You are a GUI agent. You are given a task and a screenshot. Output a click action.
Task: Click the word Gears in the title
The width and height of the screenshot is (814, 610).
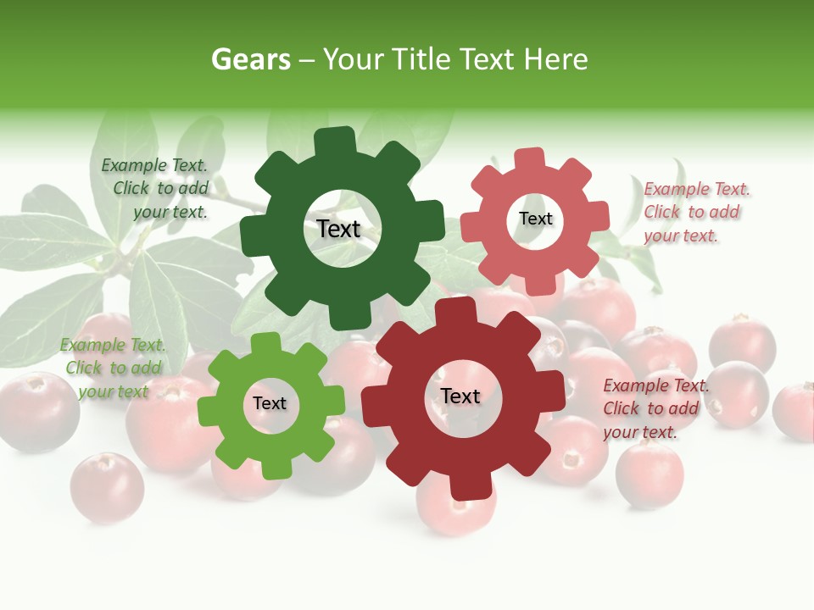[250, 59]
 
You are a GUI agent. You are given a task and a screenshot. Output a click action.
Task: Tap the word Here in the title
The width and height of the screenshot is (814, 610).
[556, 59]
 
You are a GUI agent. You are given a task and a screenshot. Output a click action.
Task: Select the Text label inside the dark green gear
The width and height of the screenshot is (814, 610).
[338, 229]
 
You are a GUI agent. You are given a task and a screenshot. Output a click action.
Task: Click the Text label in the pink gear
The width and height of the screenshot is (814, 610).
[535, 219]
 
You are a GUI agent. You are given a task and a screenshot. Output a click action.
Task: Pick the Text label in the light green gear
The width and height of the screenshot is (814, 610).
[270, 403]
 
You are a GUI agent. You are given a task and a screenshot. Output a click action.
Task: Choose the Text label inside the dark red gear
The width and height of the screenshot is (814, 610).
[460, 396]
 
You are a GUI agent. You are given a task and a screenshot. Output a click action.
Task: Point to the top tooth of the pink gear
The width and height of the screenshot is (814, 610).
[529, 159]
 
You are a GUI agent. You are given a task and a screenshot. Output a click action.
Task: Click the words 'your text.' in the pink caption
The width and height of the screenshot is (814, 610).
[681, 236]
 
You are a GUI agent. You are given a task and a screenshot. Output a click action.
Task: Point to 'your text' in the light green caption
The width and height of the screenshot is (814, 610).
[113, 391]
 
